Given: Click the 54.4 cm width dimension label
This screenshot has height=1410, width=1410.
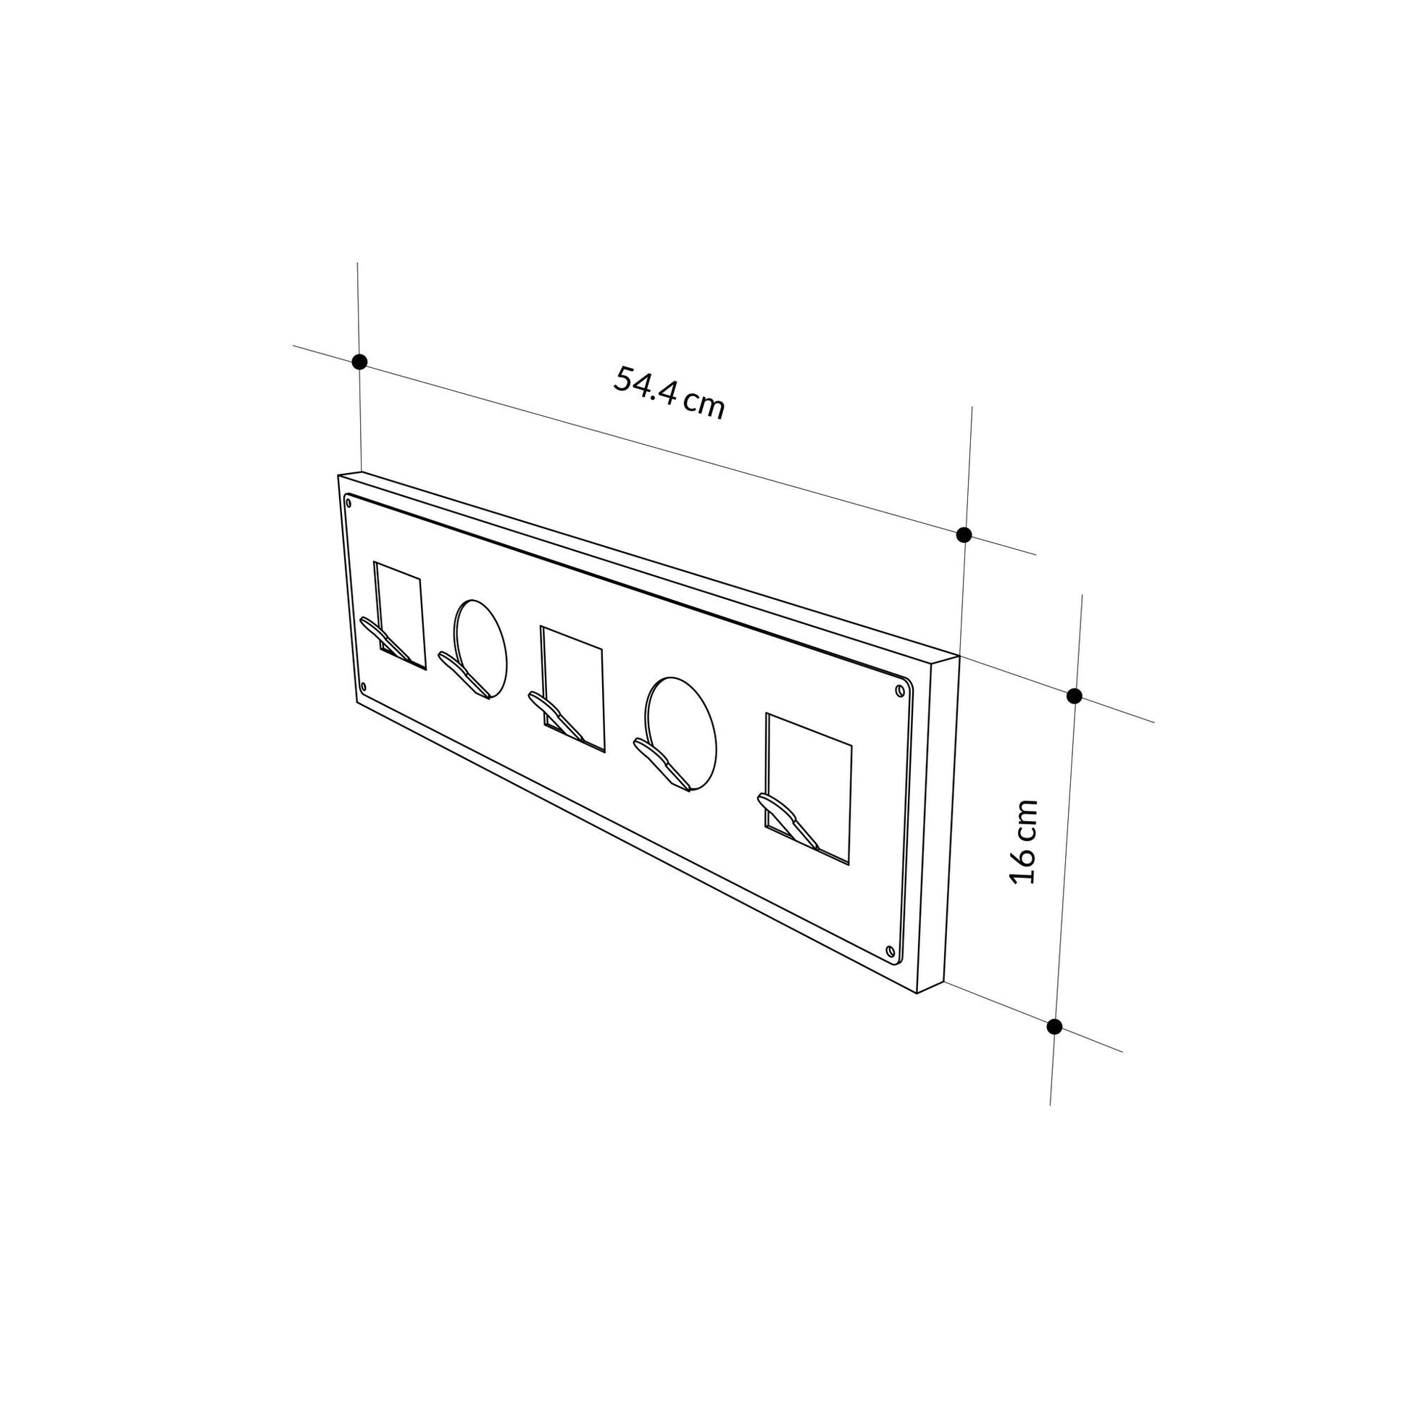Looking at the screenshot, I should point(669,393).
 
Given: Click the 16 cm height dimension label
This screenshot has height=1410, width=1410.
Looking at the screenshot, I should point(1023,841).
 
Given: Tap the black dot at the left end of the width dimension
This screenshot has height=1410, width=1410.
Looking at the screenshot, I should point(359,362).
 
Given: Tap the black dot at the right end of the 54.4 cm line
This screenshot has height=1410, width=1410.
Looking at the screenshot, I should point(964,535).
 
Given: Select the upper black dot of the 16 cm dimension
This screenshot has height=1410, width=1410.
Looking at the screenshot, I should point(1074,696).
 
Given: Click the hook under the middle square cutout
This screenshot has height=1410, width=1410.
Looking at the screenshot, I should point(556,717).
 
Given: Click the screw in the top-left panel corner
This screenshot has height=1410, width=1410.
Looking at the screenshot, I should point(349,502).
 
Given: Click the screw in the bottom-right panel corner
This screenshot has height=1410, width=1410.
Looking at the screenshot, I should point(889,950).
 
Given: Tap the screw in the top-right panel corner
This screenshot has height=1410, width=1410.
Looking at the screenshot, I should point(900,690).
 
